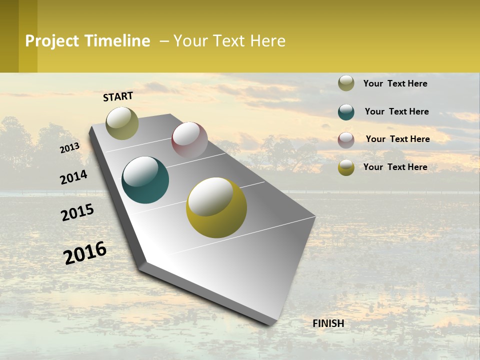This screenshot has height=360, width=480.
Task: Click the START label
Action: (118, 96)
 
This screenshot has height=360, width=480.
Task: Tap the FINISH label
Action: (328, 323)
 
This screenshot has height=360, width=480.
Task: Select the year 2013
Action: (70, 147)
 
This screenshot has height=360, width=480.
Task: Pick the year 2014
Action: (73, 177)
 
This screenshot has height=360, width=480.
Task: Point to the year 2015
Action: (77, 212)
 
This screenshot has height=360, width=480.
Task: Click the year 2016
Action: (85, 252)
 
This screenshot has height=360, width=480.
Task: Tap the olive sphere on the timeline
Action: (122, 123)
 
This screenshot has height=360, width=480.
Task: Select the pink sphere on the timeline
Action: (189, 140)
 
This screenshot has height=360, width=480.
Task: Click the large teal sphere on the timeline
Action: (145, 180)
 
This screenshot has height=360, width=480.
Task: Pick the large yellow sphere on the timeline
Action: (216, 207)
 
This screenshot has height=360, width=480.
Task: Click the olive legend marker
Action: (346, 83)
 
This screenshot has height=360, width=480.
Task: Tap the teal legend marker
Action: (346, 111)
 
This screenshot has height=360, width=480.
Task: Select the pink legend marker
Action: (346, 139)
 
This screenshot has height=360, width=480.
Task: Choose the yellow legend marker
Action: (346, 167)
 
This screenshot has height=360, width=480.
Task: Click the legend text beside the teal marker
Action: (396, 111)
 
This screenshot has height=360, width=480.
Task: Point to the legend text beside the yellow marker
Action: (395, 167)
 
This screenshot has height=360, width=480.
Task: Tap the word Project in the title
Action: (52, 41)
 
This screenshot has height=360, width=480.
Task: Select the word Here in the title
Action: (267, 41)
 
